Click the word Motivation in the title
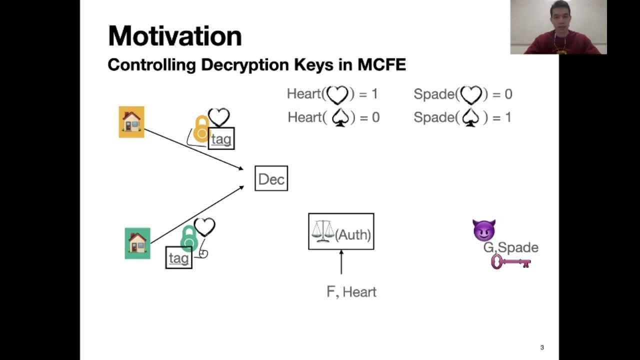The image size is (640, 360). click(x=174, y=36)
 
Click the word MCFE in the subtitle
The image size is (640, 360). click(x=381, y=65)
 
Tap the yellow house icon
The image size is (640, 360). click(x=131, y=122)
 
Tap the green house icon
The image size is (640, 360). click(x=137, y=243)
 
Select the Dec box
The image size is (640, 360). click(x=271, y=178)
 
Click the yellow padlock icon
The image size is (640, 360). click(x=201, y=129)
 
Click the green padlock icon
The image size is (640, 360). click(x=188, y=238)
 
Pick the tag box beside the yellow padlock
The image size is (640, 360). click(x=221, y=138)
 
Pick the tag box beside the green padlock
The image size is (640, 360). click(x=178, y=257)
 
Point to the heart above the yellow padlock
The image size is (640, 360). click(x=218, y=117)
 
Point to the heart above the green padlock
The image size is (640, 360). click(x=204, y=227)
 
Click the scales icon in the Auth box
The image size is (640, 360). click(x=322, y=231)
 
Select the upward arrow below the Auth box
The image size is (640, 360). click(x=341, y=262)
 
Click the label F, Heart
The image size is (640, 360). click(x=351, y=292)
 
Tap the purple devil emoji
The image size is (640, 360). click(x=483, y=230)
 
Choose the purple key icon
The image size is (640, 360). click(x=510, y=261)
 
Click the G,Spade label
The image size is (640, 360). click(x=510, y=247)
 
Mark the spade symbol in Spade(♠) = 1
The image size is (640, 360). click(x=470, y=117)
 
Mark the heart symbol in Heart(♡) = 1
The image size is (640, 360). click(x=337, y=94)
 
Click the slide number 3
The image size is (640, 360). click(x=542, y=347)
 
